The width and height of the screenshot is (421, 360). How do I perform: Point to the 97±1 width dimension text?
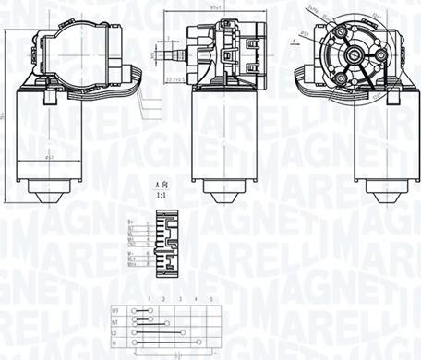[218, 8]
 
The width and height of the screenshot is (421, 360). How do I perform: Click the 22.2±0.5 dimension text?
[175, 80]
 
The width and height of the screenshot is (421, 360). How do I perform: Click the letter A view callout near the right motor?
[295, 41]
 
